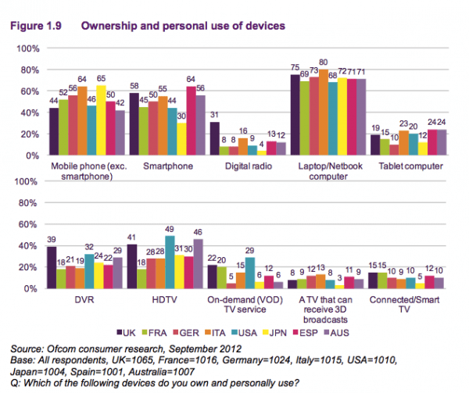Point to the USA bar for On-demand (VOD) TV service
point(250,273)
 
